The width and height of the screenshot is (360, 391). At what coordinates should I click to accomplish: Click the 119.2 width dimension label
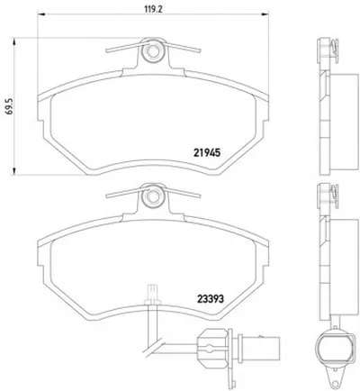click(x=153, y=9)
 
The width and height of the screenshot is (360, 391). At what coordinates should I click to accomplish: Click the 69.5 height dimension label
click(x=9, y=107)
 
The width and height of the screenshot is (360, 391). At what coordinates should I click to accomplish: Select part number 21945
click(x=207, y=153)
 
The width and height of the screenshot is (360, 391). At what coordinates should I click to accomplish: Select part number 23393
click(x=211, y=298)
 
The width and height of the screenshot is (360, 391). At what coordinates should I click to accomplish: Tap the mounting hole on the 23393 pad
click(x=152, y=196)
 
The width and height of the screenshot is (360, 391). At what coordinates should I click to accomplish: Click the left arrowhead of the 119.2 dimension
click(x=40, y=14)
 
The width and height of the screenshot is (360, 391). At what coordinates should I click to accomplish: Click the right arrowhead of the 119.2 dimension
click(x=265, y=14)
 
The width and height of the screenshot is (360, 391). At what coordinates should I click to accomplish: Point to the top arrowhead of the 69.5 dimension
click(x=13, y=41)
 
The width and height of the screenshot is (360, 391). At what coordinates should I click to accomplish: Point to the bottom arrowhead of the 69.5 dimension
click(x=13, y=170)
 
